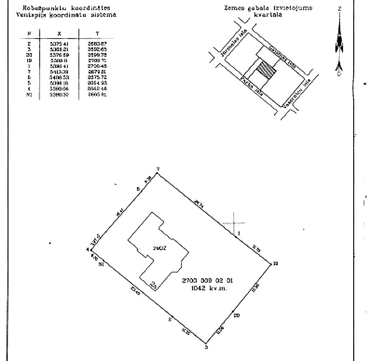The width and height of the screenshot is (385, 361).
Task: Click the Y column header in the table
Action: [x=98, y=32]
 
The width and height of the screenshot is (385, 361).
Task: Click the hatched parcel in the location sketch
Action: [x=267, y=69]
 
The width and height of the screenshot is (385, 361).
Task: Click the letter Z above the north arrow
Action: [x=339, y=9]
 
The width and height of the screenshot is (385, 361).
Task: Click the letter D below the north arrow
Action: [x=339, y=74]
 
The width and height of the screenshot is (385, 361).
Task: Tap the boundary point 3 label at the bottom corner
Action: [x=206, y=348]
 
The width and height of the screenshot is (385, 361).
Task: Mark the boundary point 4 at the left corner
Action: [x=87, y=250]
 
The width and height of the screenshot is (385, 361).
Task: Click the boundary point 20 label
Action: [x=237, y=315]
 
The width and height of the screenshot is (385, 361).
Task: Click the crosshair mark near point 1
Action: [x=234, y=223]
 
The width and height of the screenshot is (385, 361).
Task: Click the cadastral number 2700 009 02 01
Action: [x=207, y=280]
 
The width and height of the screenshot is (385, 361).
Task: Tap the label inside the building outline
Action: [x=159, y=247]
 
